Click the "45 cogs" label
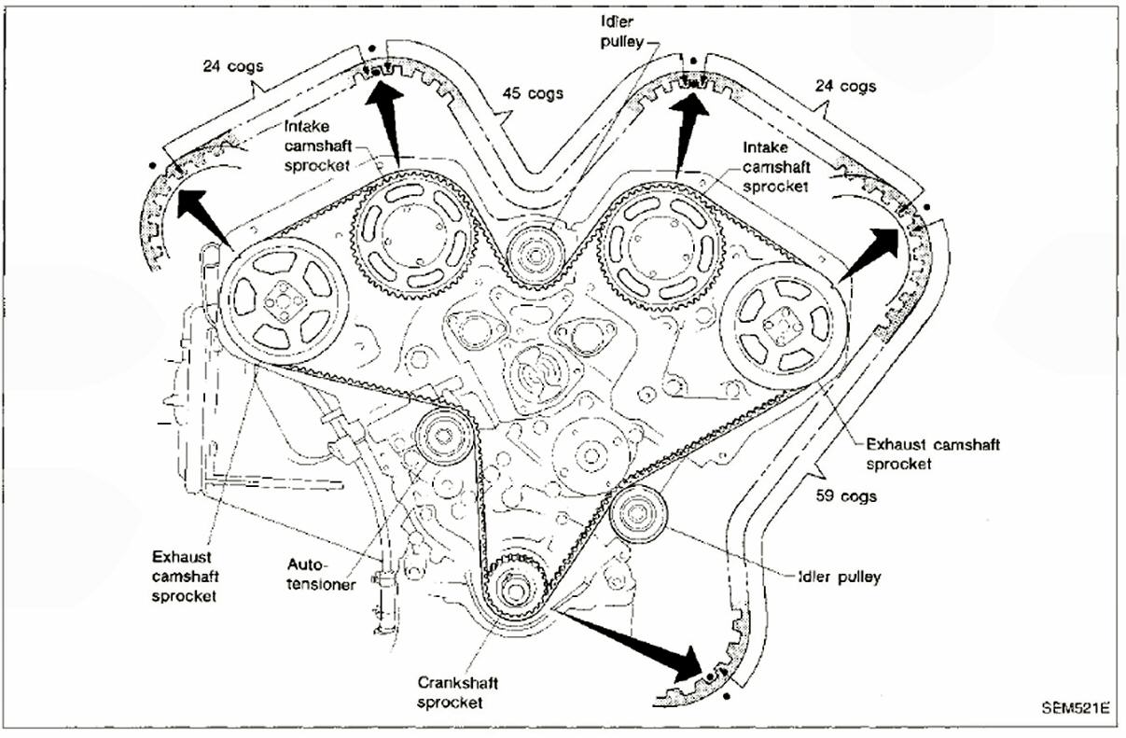(532, 94)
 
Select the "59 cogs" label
(846, 496)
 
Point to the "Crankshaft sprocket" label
(451, 691)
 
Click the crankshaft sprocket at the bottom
(514, 590)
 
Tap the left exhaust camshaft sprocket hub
(283, 300)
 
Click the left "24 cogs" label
(232, 66)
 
